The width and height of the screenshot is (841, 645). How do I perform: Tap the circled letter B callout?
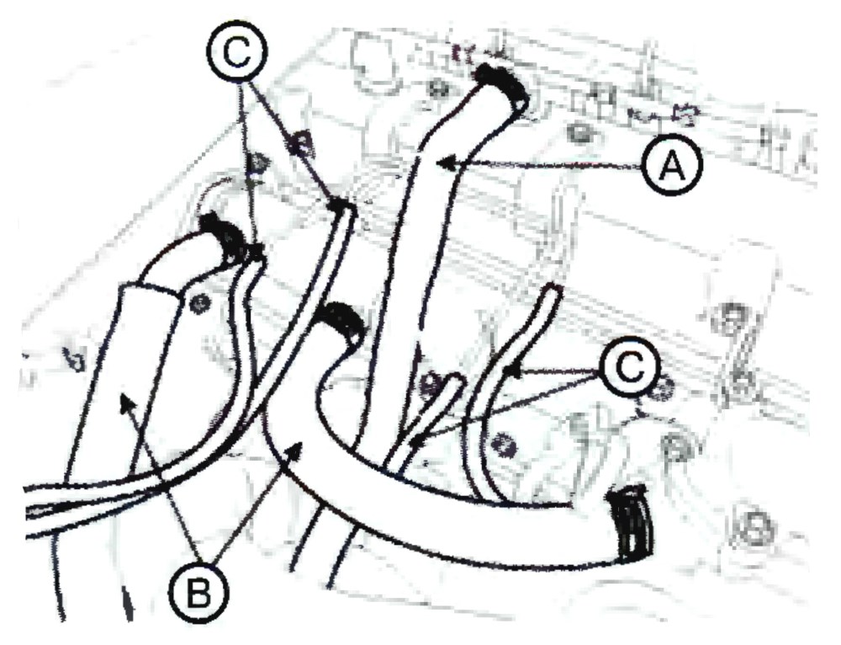pyautogui.click(x=198, y=594)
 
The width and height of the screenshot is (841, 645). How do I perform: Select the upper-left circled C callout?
pyautogui.click(x=236, y=53)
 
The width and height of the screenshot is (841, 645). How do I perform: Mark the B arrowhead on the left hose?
pyautogui.click(x=125, y=402)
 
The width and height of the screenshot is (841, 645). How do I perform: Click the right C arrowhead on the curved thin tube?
pyautogui.click(x=514, y=370)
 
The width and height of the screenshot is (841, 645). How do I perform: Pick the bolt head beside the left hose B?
pyautogui.click(x=201, y=304)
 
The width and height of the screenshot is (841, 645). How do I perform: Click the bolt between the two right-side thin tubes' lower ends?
pyautogui.click(x=502, y=442)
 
